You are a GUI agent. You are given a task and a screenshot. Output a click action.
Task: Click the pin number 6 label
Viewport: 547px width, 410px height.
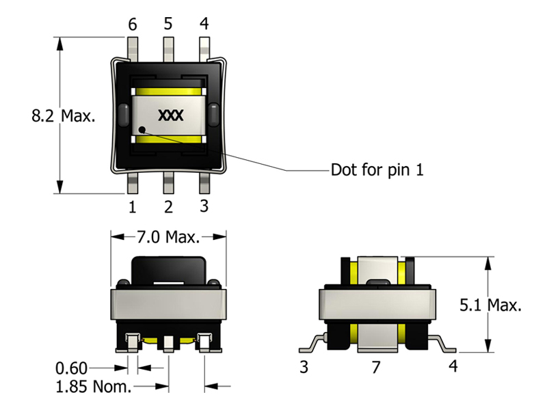pos(133,25)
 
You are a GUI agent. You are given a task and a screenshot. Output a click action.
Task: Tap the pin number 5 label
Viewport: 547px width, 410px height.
pos(168,25)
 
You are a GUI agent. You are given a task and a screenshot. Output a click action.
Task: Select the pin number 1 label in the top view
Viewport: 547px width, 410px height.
pos(132,205)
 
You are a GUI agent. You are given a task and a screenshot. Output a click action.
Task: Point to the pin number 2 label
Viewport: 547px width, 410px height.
pos(168,205)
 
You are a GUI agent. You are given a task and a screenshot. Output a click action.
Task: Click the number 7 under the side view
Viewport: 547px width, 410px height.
pos(375,367)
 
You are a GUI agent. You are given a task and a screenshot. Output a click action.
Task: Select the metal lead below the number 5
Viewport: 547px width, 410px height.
pos(168,48)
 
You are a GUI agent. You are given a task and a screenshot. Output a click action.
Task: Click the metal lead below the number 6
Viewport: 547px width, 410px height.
pos(133,48)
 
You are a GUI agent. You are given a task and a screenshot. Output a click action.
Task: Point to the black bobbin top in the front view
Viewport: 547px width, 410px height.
pos(168,269)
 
